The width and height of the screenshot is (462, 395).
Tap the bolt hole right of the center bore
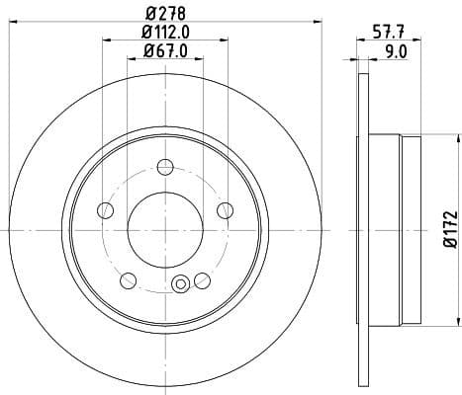pos(224,208)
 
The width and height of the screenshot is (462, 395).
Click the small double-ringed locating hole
pos(180,285)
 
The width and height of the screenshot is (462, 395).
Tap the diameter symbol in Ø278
pos(148,14)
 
